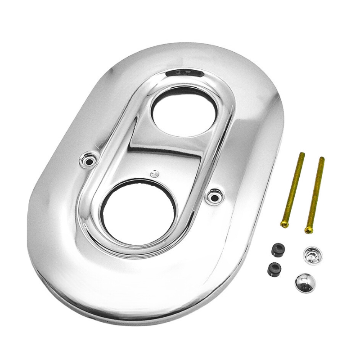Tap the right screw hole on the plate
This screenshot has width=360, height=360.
click(x=213, y=195)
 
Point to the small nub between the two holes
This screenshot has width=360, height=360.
click(x=154, y=172)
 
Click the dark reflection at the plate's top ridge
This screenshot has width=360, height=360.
click(x=184, y=72)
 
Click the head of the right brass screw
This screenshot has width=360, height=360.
click(x=308, y=230)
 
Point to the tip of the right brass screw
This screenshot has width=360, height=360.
click(x=322, y=159)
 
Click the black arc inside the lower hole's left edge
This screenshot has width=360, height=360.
click(x=106, y=211)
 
